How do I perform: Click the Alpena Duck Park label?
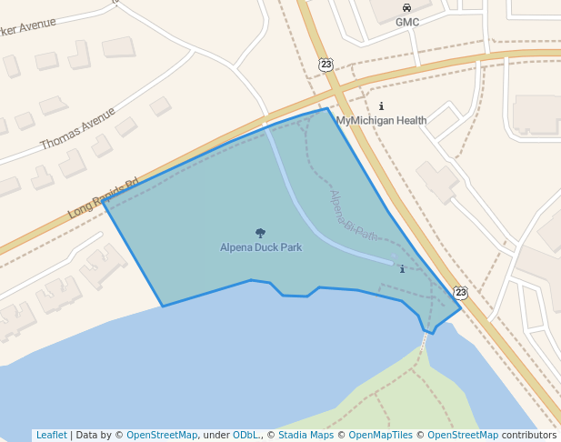coord(260,246)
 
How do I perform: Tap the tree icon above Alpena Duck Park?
coord(261,234)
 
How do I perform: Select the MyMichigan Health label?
coord(381,120)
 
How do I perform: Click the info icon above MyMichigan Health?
coord(381,106)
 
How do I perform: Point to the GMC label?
coord(406,22)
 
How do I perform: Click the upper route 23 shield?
coord(326,64)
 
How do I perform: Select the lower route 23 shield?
coord(461,292)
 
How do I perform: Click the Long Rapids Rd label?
coord(102,198)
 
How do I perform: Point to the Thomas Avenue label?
coord(78,129)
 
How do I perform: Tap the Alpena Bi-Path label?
coord(354,216)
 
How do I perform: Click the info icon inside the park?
coord(401,269)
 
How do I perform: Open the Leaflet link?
coord(51,435)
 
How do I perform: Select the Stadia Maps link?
coord(305,435)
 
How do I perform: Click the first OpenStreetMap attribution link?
coord(162,435)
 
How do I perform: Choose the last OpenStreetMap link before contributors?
coord(463,435)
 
